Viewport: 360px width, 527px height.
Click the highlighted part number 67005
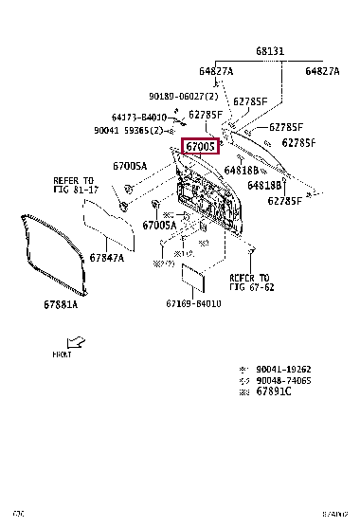[x=200, y=147]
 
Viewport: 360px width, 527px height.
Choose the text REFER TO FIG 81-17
[x=73, y=185]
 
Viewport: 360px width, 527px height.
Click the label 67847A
[x=106, y=258]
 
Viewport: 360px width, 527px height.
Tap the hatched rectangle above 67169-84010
[x=194, y=279]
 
